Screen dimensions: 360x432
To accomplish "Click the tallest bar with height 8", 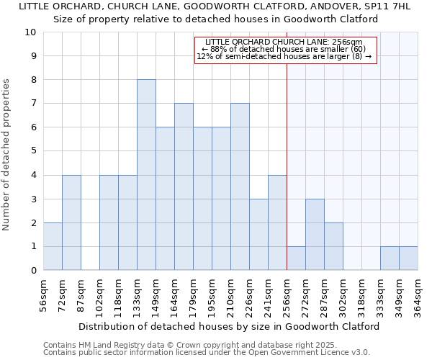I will pos(146,175).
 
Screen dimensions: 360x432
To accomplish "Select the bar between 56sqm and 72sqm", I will pos(53,246).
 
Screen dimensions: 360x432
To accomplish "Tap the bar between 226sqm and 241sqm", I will pos(258,235).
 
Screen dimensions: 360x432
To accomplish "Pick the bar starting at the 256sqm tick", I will pos(296,258).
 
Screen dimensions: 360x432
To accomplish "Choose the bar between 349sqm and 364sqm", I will pos(408,258).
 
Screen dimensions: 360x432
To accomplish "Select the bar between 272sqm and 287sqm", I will pos(315,235).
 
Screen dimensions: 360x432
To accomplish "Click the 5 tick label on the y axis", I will pos(33,151).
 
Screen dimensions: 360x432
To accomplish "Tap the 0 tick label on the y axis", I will pos(33,271).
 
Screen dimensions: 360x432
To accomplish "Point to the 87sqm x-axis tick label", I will pos(81,294).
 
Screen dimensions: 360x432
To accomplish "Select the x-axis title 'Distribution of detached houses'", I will pos(229,326).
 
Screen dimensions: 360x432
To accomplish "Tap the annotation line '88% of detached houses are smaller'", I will pos(287,49).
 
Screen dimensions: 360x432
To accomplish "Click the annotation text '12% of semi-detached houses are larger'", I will pos(287,57).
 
